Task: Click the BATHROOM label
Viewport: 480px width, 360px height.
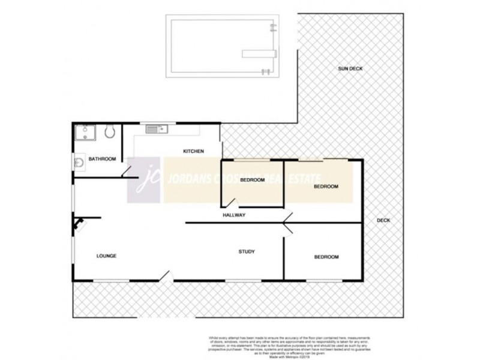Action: coord(101,159)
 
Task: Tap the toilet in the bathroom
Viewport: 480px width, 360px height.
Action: coord(109,131)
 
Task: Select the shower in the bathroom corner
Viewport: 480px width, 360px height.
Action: coord(84,133)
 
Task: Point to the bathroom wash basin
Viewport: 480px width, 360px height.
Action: coord(79,162)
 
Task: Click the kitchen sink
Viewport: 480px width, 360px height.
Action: coord(154,128)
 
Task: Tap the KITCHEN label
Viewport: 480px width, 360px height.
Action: coord(193,151)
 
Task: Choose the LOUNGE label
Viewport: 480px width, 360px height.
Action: coord(106,256)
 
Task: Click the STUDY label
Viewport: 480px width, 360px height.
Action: coord(247,252)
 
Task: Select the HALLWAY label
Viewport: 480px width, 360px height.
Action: coord(234,215)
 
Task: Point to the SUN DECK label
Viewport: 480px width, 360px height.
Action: coord(350,69)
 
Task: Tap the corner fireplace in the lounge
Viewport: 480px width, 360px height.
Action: coord(79,224)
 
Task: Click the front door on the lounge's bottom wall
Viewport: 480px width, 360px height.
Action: coord(166,276)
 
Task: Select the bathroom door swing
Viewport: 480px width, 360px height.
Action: coord(127,172)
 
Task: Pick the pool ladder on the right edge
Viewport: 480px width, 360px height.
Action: coord(274,28)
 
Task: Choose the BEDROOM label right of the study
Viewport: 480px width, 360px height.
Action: coord(326,257)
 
